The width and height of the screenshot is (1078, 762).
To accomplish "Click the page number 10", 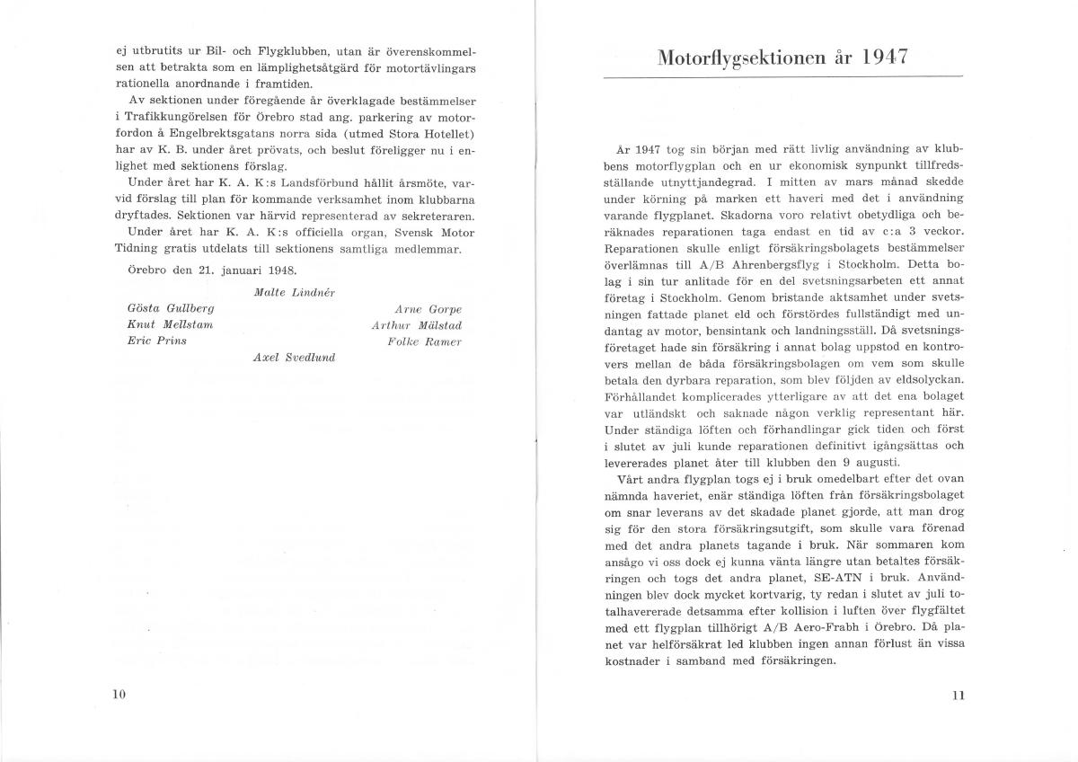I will point(119,693).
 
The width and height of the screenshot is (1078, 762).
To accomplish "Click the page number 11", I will point(957,694).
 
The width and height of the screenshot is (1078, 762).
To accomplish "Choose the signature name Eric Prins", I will point(156,341).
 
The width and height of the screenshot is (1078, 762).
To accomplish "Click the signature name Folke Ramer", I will point(425,341).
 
